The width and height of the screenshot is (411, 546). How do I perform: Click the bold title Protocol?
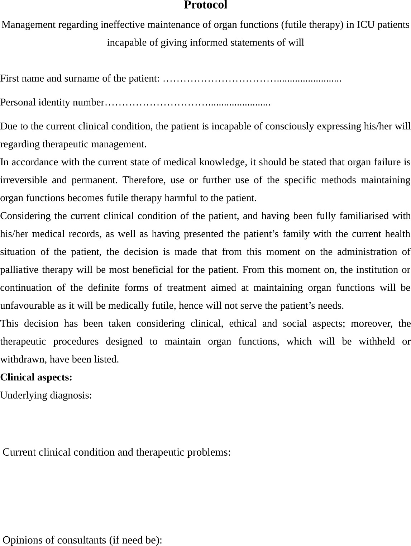point(205,5)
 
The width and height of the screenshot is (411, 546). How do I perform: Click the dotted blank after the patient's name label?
point(252,79)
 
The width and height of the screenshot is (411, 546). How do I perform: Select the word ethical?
point(243,324)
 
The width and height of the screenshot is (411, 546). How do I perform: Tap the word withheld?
point(375,342)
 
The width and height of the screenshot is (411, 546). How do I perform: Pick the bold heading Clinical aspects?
point(36,378)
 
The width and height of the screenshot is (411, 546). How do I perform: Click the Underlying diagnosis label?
point(46,395)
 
